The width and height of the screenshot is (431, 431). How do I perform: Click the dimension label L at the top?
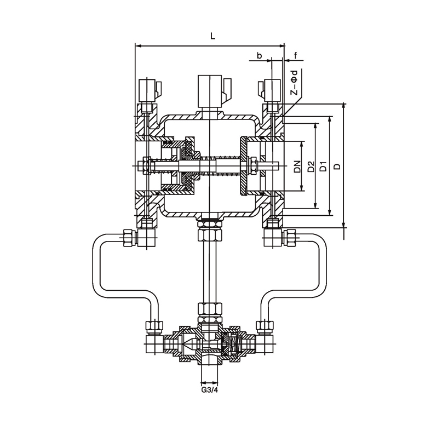(x=212, y=36)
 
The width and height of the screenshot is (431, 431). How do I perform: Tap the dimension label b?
(x=259, y=55)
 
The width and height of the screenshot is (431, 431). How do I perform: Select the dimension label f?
(x=296, y=55)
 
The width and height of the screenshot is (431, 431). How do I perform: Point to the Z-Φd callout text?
(x=295, y=83)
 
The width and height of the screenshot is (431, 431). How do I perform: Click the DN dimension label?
(x=297, y=166)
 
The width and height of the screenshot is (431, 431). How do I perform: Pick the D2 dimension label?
(x=311, y=166)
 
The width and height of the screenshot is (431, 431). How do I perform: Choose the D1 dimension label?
(x=324, y=166)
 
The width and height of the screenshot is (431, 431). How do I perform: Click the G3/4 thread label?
(x=209, y=390)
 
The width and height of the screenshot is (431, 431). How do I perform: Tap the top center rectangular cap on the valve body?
(x=210, y=91)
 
